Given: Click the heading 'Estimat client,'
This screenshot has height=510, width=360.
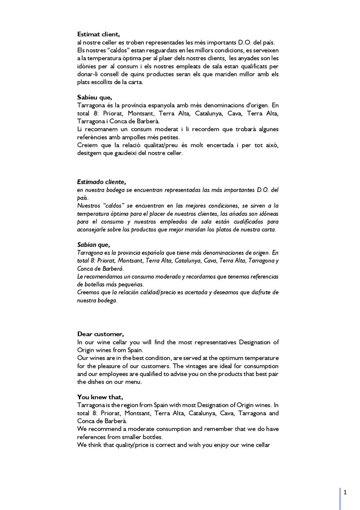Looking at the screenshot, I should (x=99, y=34).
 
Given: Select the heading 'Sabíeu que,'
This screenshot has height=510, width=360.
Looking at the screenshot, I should (x=94, y=96).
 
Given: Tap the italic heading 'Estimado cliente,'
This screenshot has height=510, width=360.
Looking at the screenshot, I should (x=101, y=182).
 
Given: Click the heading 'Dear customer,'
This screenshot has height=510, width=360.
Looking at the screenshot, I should (x=100, y=334).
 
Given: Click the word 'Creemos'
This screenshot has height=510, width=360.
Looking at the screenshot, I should (x=89, y=292).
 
